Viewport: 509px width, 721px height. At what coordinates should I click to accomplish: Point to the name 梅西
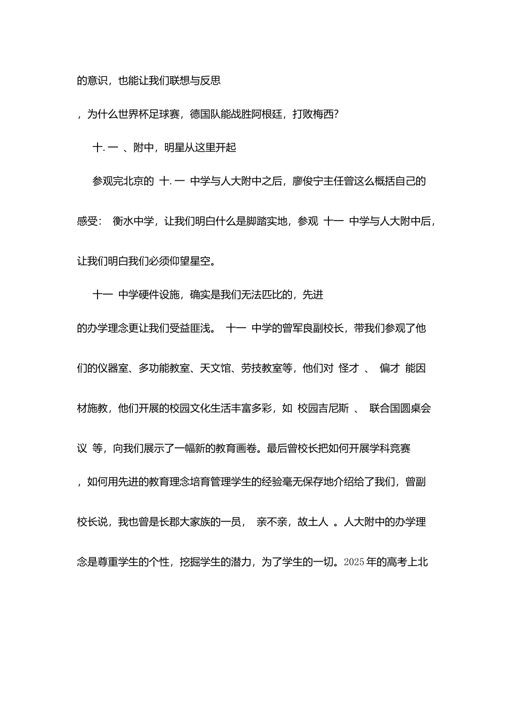(323, 114)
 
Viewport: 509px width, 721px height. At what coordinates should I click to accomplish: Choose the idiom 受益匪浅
(190, 328)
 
